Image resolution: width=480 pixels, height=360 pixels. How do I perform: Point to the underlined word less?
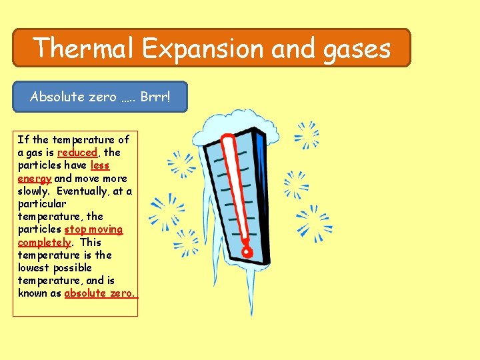coord(99,165)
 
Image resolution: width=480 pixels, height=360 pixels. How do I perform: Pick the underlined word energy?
coord(35,178)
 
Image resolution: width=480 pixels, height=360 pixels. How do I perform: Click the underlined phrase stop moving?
coord(93,229)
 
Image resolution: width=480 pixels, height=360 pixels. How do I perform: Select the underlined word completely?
coord(44,242)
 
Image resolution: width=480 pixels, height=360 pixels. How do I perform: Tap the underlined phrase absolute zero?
coord(99,293)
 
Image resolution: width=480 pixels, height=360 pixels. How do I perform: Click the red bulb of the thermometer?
coord(247,252)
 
